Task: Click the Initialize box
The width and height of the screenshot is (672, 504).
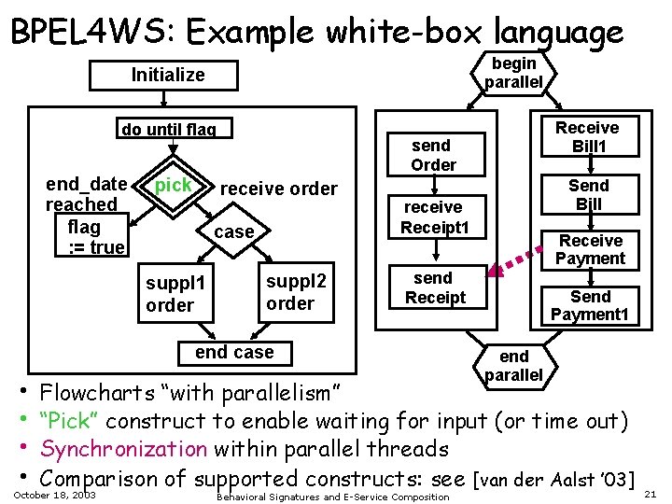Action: [x=163, y=76]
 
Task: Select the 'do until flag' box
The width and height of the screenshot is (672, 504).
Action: [x=174, y=128]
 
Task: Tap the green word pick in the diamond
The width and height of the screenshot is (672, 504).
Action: [x=174, y=185]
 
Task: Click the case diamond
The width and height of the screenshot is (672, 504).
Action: [x=233, y=231]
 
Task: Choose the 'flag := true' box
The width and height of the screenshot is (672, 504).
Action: [x=91, y=235]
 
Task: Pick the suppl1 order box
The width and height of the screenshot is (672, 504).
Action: [x=175, y=293]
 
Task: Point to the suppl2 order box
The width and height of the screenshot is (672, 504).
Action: [x=296, y=292]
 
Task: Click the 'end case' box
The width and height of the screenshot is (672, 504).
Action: [x=235, y=353]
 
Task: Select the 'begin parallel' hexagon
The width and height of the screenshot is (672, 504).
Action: [x=513, y=73]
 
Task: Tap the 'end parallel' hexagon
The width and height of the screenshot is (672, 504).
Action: [x=514, y=367]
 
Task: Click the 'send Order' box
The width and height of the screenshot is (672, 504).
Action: [x=436, y=155]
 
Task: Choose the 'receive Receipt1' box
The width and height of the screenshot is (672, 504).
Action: [x=437, y=217]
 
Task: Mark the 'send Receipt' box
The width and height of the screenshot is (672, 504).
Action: [x=438, y=287]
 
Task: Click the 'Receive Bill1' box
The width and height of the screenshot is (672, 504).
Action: [x=590, y=136]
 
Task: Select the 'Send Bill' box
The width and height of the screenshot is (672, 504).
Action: [x=590, y=194]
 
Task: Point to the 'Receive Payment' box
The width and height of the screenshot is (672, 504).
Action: [x=590, y=250]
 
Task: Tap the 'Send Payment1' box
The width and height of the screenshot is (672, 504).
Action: [x=590, y=306]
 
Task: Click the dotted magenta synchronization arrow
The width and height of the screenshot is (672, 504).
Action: [x=515, y=261]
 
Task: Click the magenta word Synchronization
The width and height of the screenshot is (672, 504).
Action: [x=124, y=449]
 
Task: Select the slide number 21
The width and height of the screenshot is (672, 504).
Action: [x=651, y=494]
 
